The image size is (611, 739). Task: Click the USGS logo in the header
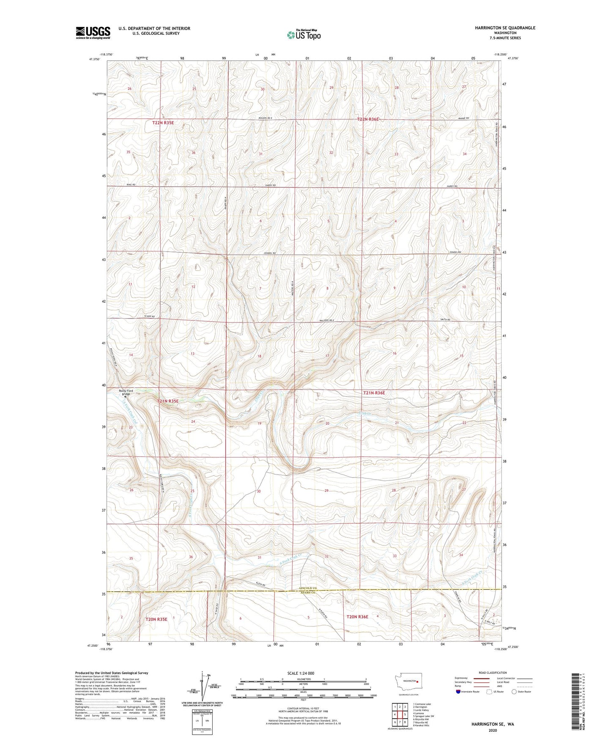click(x=93, y=32)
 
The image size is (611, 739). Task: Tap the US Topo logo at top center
click(x=303, y=35)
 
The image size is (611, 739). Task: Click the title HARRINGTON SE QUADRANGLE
click(x=499, y=28)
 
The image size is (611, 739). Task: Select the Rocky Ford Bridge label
click(x=126, y=392)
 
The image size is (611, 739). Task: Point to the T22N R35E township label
click(x=163, y=123)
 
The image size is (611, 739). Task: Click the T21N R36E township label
click(x=374, y=393)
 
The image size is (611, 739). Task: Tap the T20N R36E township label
click(x=357, y=617)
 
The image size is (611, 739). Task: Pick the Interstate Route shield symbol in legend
click(x=459, y=692)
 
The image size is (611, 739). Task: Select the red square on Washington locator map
click(x=417, y=681)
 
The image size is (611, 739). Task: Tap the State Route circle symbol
click(x=514, y=692)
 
